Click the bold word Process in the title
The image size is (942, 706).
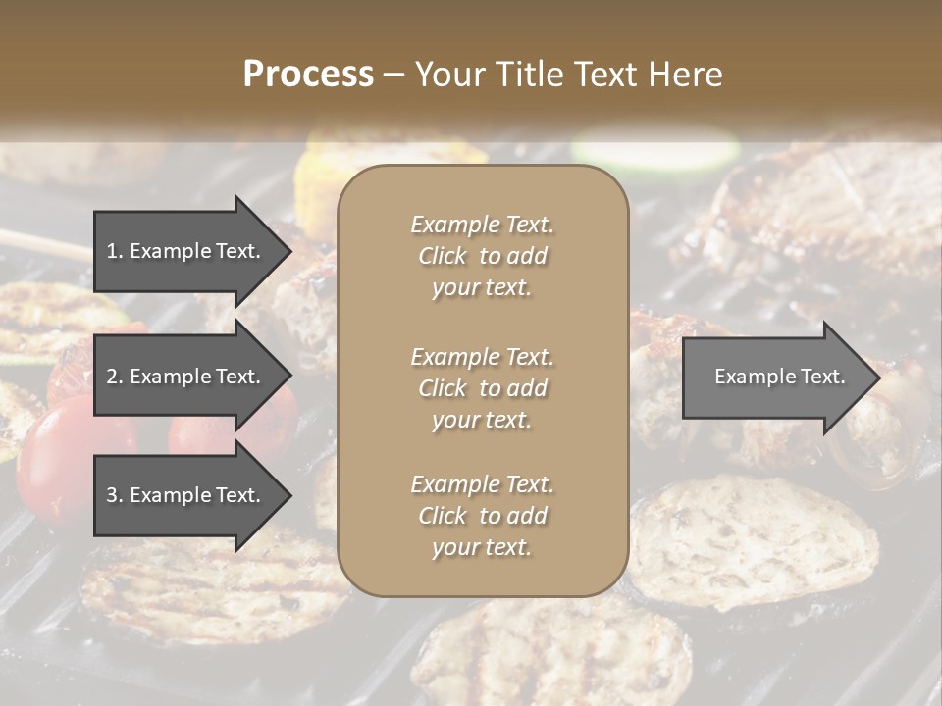pyautogui.click(x=308, y=75)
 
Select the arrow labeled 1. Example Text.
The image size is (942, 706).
pyautogui.click(x=186, y=251)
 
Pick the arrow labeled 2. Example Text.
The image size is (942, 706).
pyautogui.click(x=186, y=377)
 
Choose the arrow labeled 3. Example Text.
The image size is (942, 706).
pyautogui.click(x=186, y=495)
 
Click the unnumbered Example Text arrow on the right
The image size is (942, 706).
pyautogui.click(x=775, y=377)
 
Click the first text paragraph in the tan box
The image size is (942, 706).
pyautogui.click(x=482, y=256)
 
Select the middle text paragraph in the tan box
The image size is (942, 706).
pyautogui.click(x=482, y=388)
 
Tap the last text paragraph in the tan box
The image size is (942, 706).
pyautogui.click(x=482, y=516)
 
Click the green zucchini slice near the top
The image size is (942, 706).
pyautogui.click(x=655, y=150)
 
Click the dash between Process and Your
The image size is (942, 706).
pyautogui.click(x=394, y=75)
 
